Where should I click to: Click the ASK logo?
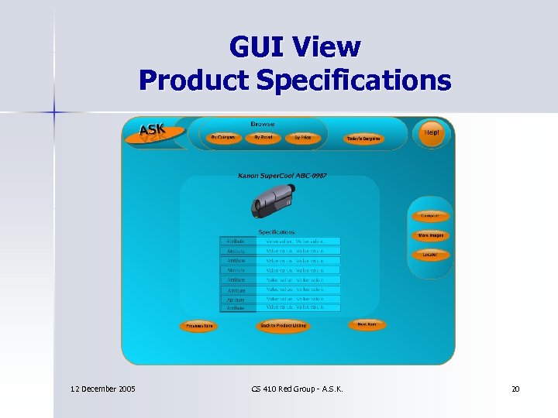click(x=153, y=131)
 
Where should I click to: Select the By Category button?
click(x=223, y=137)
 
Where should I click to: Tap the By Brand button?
click(x=263, y=137)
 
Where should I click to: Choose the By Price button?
click(x=302, y=137)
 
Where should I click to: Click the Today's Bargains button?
click(x=363, y=139)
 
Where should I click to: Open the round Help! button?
click(x=431, y=132)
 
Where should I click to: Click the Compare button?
click(x=429, y=217)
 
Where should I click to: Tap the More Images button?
click(x=432, y=235)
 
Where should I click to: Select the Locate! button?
click(x=429, y=254)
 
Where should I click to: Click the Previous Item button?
click(x=198, y=326)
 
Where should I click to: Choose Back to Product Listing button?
click(x=283, y=326)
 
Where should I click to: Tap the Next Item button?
click(x=367, y=324)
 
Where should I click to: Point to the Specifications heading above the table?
click(x=277, y=231)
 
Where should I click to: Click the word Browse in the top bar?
click(x=262, y=124)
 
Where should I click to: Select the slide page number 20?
click(x=515, y=388)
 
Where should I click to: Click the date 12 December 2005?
click(x=102, y=388)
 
